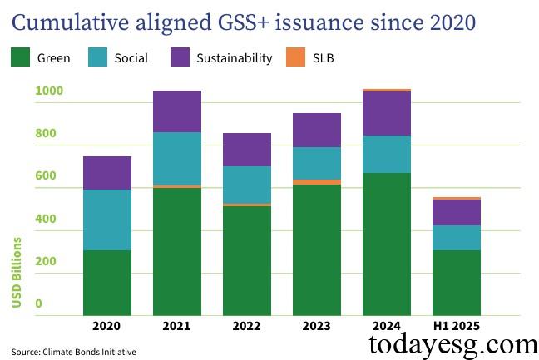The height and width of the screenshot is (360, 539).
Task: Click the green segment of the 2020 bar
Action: pos(107,283)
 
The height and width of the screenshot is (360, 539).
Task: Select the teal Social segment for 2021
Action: pos(177,159)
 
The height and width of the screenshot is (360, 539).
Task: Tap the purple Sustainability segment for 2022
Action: pos(247,150)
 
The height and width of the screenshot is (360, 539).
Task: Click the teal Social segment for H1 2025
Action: pos(457,238)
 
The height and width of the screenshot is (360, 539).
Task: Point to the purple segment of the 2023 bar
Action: pos(317,131)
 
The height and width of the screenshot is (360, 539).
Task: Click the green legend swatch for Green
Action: pos(20,57)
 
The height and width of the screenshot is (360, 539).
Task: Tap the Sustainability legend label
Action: pos(234,58)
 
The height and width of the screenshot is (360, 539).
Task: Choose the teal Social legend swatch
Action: pos(97,57)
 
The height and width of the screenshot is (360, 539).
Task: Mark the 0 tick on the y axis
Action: pos(37,304)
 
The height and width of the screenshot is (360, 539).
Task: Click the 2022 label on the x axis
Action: pos(247,325)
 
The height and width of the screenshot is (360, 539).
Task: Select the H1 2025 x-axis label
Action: pos(457,325)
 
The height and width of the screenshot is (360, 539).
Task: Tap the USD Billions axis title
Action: pos(17,272)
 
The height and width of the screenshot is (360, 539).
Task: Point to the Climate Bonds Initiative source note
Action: pos(73,351)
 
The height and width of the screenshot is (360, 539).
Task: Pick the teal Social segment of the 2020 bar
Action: pos(107,219)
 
